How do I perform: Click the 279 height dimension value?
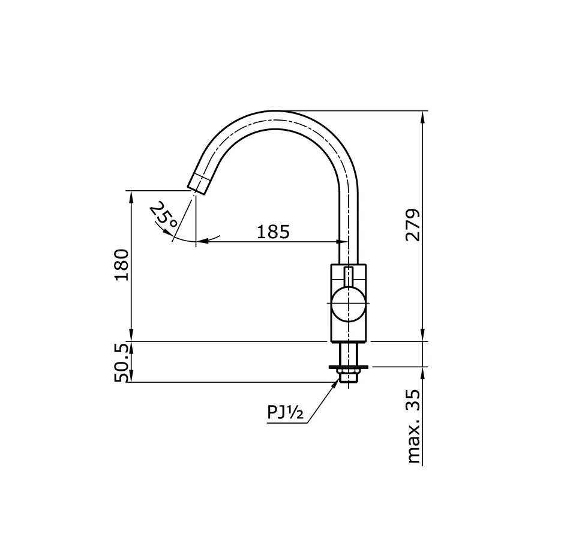click(x=413, y=225)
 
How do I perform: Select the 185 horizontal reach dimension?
click(x=273, y=232)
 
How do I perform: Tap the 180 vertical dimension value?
click(x=122, y=265)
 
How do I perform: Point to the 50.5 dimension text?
click(x=122, y=362)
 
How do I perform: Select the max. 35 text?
click(x=413, y=426)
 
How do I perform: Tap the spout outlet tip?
click(x=199, y=182)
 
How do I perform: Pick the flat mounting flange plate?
click(x=348, y=366)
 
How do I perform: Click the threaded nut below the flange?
click(x=348, y=376)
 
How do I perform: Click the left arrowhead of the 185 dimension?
click(x=202, y=242)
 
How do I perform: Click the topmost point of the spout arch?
click(x=279, y=112)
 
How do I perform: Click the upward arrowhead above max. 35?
click(x=424, y=372)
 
